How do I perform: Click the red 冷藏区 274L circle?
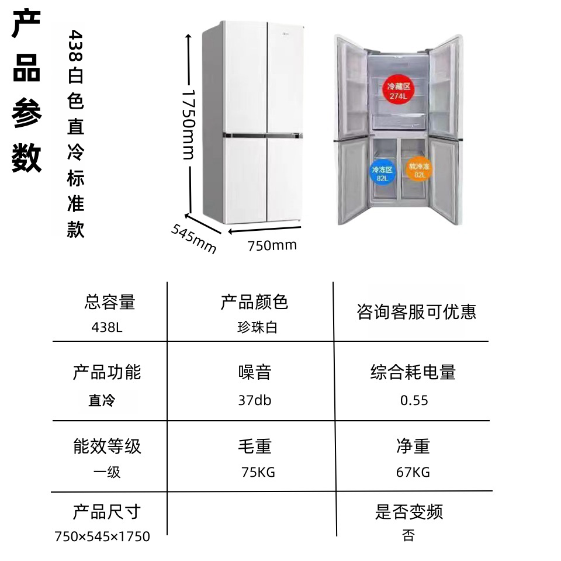pos(398,89)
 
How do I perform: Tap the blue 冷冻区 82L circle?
pos(382,172)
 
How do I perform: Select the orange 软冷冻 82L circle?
pos(418,169)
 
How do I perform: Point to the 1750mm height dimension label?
pos(189,124)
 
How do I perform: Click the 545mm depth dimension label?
pos(194,238)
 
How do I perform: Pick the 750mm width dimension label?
pos(272,245)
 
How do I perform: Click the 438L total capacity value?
pos(107,327)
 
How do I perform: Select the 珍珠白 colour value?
pos(257,327)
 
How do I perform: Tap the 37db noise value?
pos(255,400)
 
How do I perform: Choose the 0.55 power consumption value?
pos(414,400)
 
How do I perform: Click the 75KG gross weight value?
pos(258,472)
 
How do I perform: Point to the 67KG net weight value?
pos(413,472)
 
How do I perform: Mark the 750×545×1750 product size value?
pos(102,536)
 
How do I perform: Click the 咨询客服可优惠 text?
pos(417,311)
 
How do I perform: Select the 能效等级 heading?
pos(108,446)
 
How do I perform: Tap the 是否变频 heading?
pos(409,512)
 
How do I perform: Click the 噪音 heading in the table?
pos(255,372)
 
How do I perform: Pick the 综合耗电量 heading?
pos(413,372)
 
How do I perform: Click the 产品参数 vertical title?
pos(26,91)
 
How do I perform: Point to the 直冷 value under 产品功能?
pos(102,400)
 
